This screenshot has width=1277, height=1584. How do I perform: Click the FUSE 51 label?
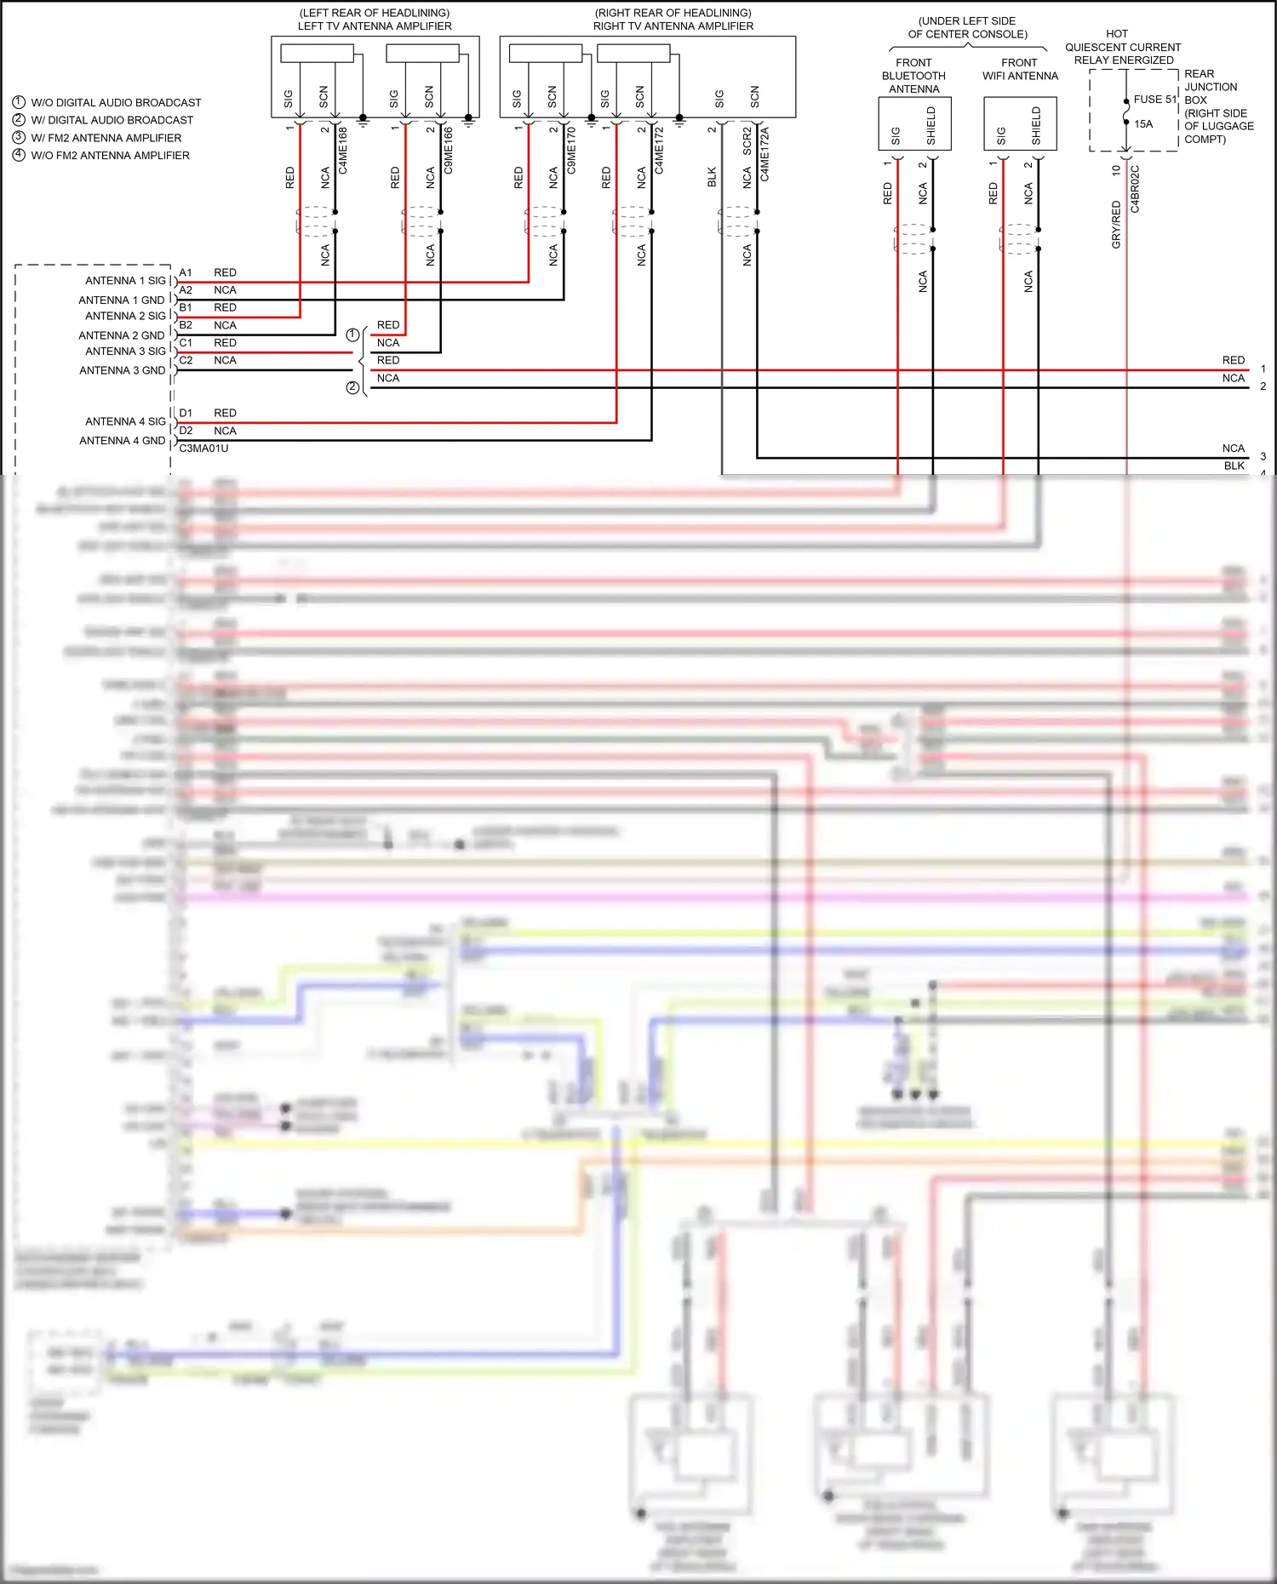[1154, 100]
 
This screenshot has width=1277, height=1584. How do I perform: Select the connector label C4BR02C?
[1135, 189]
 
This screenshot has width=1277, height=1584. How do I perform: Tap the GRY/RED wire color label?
[1116, 225]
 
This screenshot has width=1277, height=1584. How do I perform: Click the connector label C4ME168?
[343, 151]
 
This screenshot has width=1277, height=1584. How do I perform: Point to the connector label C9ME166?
[449, 151]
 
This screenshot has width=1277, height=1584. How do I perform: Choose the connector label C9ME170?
[571, 151]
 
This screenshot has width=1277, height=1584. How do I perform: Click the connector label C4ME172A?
[764, 154]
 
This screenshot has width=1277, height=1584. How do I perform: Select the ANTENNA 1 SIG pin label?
[125, 281]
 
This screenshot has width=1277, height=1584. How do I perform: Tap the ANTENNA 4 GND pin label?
[122, 441]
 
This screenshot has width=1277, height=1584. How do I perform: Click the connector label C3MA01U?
[203, 449]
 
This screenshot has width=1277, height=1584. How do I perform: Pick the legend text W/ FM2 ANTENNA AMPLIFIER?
[106, 138]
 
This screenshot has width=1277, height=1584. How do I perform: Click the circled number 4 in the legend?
[19, 155]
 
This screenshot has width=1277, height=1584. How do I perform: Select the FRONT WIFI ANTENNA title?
[1020, 69]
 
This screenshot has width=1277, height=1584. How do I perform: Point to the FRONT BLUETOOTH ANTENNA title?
[913, 76]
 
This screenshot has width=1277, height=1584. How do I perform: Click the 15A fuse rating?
[1143, 124]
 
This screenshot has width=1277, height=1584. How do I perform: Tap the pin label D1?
[186, 413]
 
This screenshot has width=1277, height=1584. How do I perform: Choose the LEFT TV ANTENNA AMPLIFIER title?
[375, 26]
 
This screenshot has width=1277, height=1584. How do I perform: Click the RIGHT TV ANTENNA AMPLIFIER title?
[673, 26]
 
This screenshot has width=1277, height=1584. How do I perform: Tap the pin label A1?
[186, 272]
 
